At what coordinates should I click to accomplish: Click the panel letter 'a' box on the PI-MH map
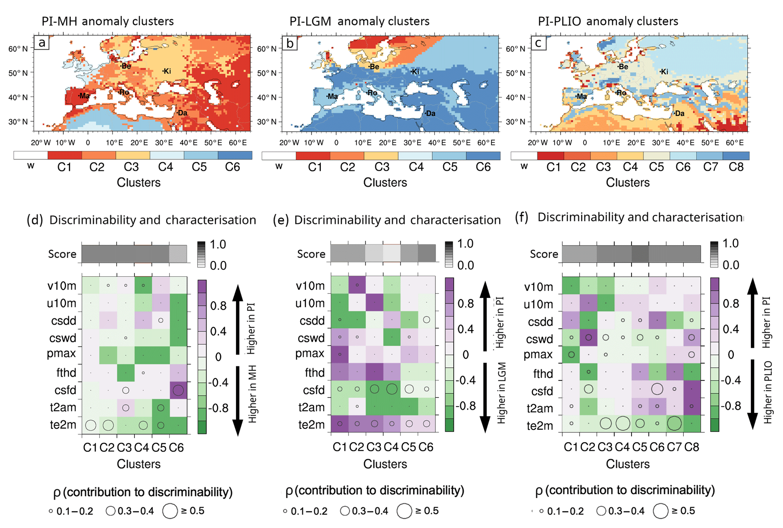[x=42, y=43]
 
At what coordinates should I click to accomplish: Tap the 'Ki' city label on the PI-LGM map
[x=416, y=72]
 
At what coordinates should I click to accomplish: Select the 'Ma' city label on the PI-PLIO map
[x=581, y=96]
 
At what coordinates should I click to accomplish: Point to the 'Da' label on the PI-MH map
[x=182, y=112]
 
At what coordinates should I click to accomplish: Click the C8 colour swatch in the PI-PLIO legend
[x=736, y=156]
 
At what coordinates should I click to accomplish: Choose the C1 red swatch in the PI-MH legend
[x=65, y=155]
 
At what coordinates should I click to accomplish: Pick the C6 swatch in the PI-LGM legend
[x=483, y=156]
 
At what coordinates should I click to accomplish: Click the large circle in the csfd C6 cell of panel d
[x=178, y=390]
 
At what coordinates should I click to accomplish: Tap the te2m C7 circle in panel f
[x=674, y=423]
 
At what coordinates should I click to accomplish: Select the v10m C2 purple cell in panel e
[x=357, y=285]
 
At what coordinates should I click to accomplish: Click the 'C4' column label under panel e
[x=391, y=447]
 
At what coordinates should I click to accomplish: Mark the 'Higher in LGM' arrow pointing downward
[x=485, y=397]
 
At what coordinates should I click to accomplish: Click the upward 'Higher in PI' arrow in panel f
[x=752, y=312]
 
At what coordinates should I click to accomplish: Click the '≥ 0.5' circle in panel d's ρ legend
[x=170, y=511]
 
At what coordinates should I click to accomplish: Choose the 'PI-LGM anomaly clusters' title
[x=359, y=21]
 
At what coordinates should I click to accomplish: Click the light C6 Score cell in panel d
[x=178, y=254]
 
